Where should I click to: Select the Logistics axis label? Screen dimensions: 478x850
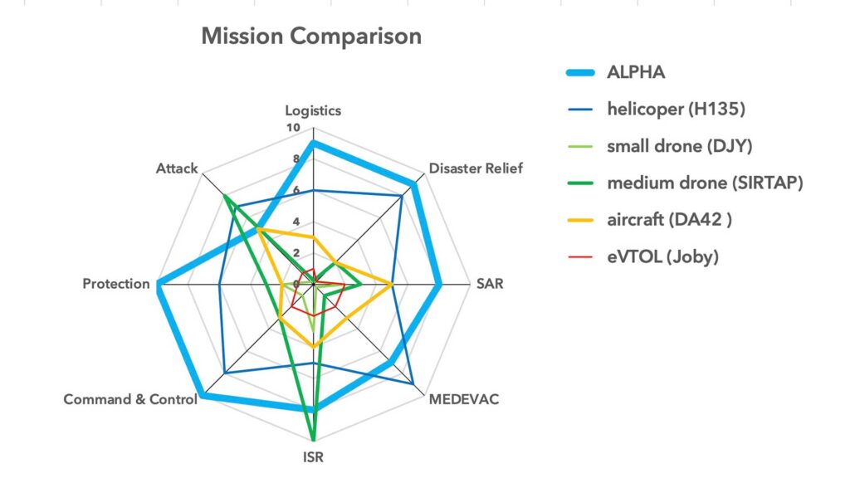[x=313, y=110]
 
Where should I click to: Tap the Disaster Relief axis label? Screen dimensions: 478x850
[x=476, y=168]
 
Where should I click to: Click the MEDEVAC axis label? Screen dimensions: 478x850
[x=464, y=399]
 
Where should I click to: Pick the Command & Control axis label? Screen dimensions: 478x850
[x=130, y=399]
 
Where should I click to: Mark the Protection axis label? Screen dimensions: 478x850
[x=116, y=284]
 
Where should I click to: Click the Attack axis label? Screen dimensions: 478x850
[x=177, y=168]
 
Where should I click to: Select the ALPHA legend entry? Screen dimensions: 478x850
[x=636, y=72]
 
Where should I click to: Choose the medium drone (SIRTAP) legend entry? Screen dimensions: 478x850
[x=705, y=183]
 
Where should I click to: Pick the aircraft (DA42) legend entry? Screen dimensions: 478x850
[x=670, y=219]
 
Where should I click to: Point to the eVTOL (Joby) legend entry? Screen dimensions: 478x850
[x=662, y=256]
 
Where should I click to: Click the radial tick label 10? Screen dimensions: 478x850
[x=292, y=128]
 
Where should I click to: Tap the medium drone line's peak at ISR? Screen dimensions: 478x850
[x=313, y=439]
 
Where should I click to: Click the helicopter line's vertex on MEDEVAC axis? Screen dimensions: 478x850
[x=413, y=383]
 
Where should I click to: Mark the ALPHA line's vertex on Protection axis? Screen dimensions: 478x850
[x=158, y=284]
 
